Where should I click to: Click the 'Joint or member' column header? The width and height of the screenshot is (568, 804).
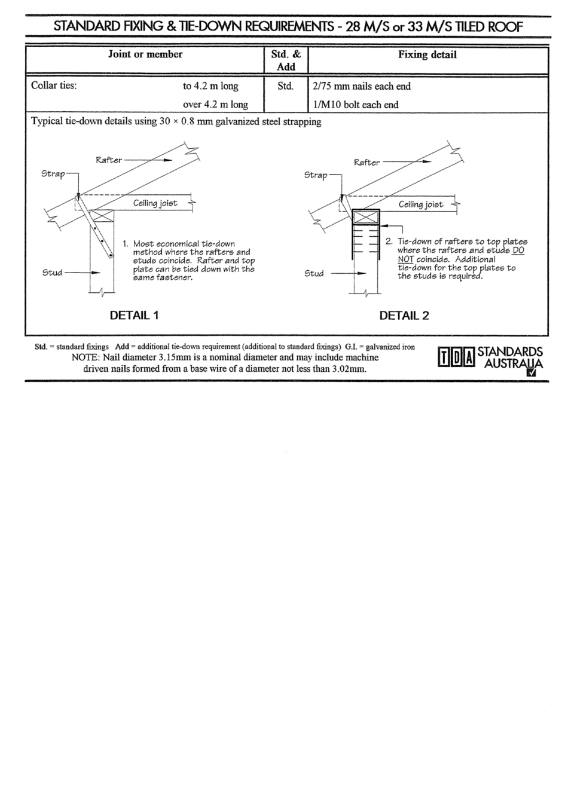pyautogui.click(x=145, y=54)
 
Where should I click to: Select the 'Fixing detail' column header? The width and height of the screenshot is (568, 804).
pyautogui.click(x=427, y=55)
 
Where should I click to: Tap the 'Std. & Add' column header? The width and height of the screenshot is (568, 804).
pyautogui.click(x=286, y=60)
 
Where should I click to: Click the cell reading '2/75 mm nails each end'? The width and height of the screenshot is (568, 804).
pyautogui.click(x=362, y=86)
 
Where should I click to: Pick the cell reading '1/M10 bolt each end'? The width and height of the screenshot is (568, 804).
pyautogui.click(x=356, y=105)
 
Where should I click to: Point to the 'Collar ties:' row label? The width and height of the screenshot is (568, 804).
pyautogui.click(x=54, y=85)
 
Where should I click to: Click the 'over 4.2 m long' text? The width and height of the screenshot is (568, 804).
pyautogui.click(x=215, y=105)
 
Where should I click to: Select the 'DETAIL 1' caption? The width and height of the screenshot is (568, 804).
pyautogui.click(x=134, y=315)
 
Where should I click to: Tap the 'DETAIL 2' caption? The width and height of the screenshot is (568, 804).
pyautogui.click(x=404, y=316)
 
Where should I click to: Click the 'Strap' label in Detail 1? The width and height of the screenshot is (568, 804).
pyautogui.click(x=53, y=174)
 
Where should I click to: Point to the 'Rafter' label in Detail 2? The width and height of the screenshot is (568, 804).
pyautogui.click(x=366, y=163)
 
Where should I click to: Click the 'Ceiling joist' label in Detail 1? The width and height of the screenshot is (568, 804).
pyautogui.click(x=155, y=203)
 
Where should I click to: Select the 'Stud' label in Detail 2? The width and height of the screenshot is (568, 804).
pyautogui.click(x=314, y=273)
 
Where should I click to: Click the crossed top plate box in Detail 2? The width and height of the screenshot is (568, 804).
pyautogui.click(x=366, y=218)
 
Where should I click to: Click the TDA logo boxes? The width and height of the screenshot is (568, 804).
pyautogui.click(x=456, y=357)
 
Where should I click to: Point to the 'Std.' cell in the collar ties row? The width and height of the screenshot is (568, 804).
pyautogui.click(x=286, y=86)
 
